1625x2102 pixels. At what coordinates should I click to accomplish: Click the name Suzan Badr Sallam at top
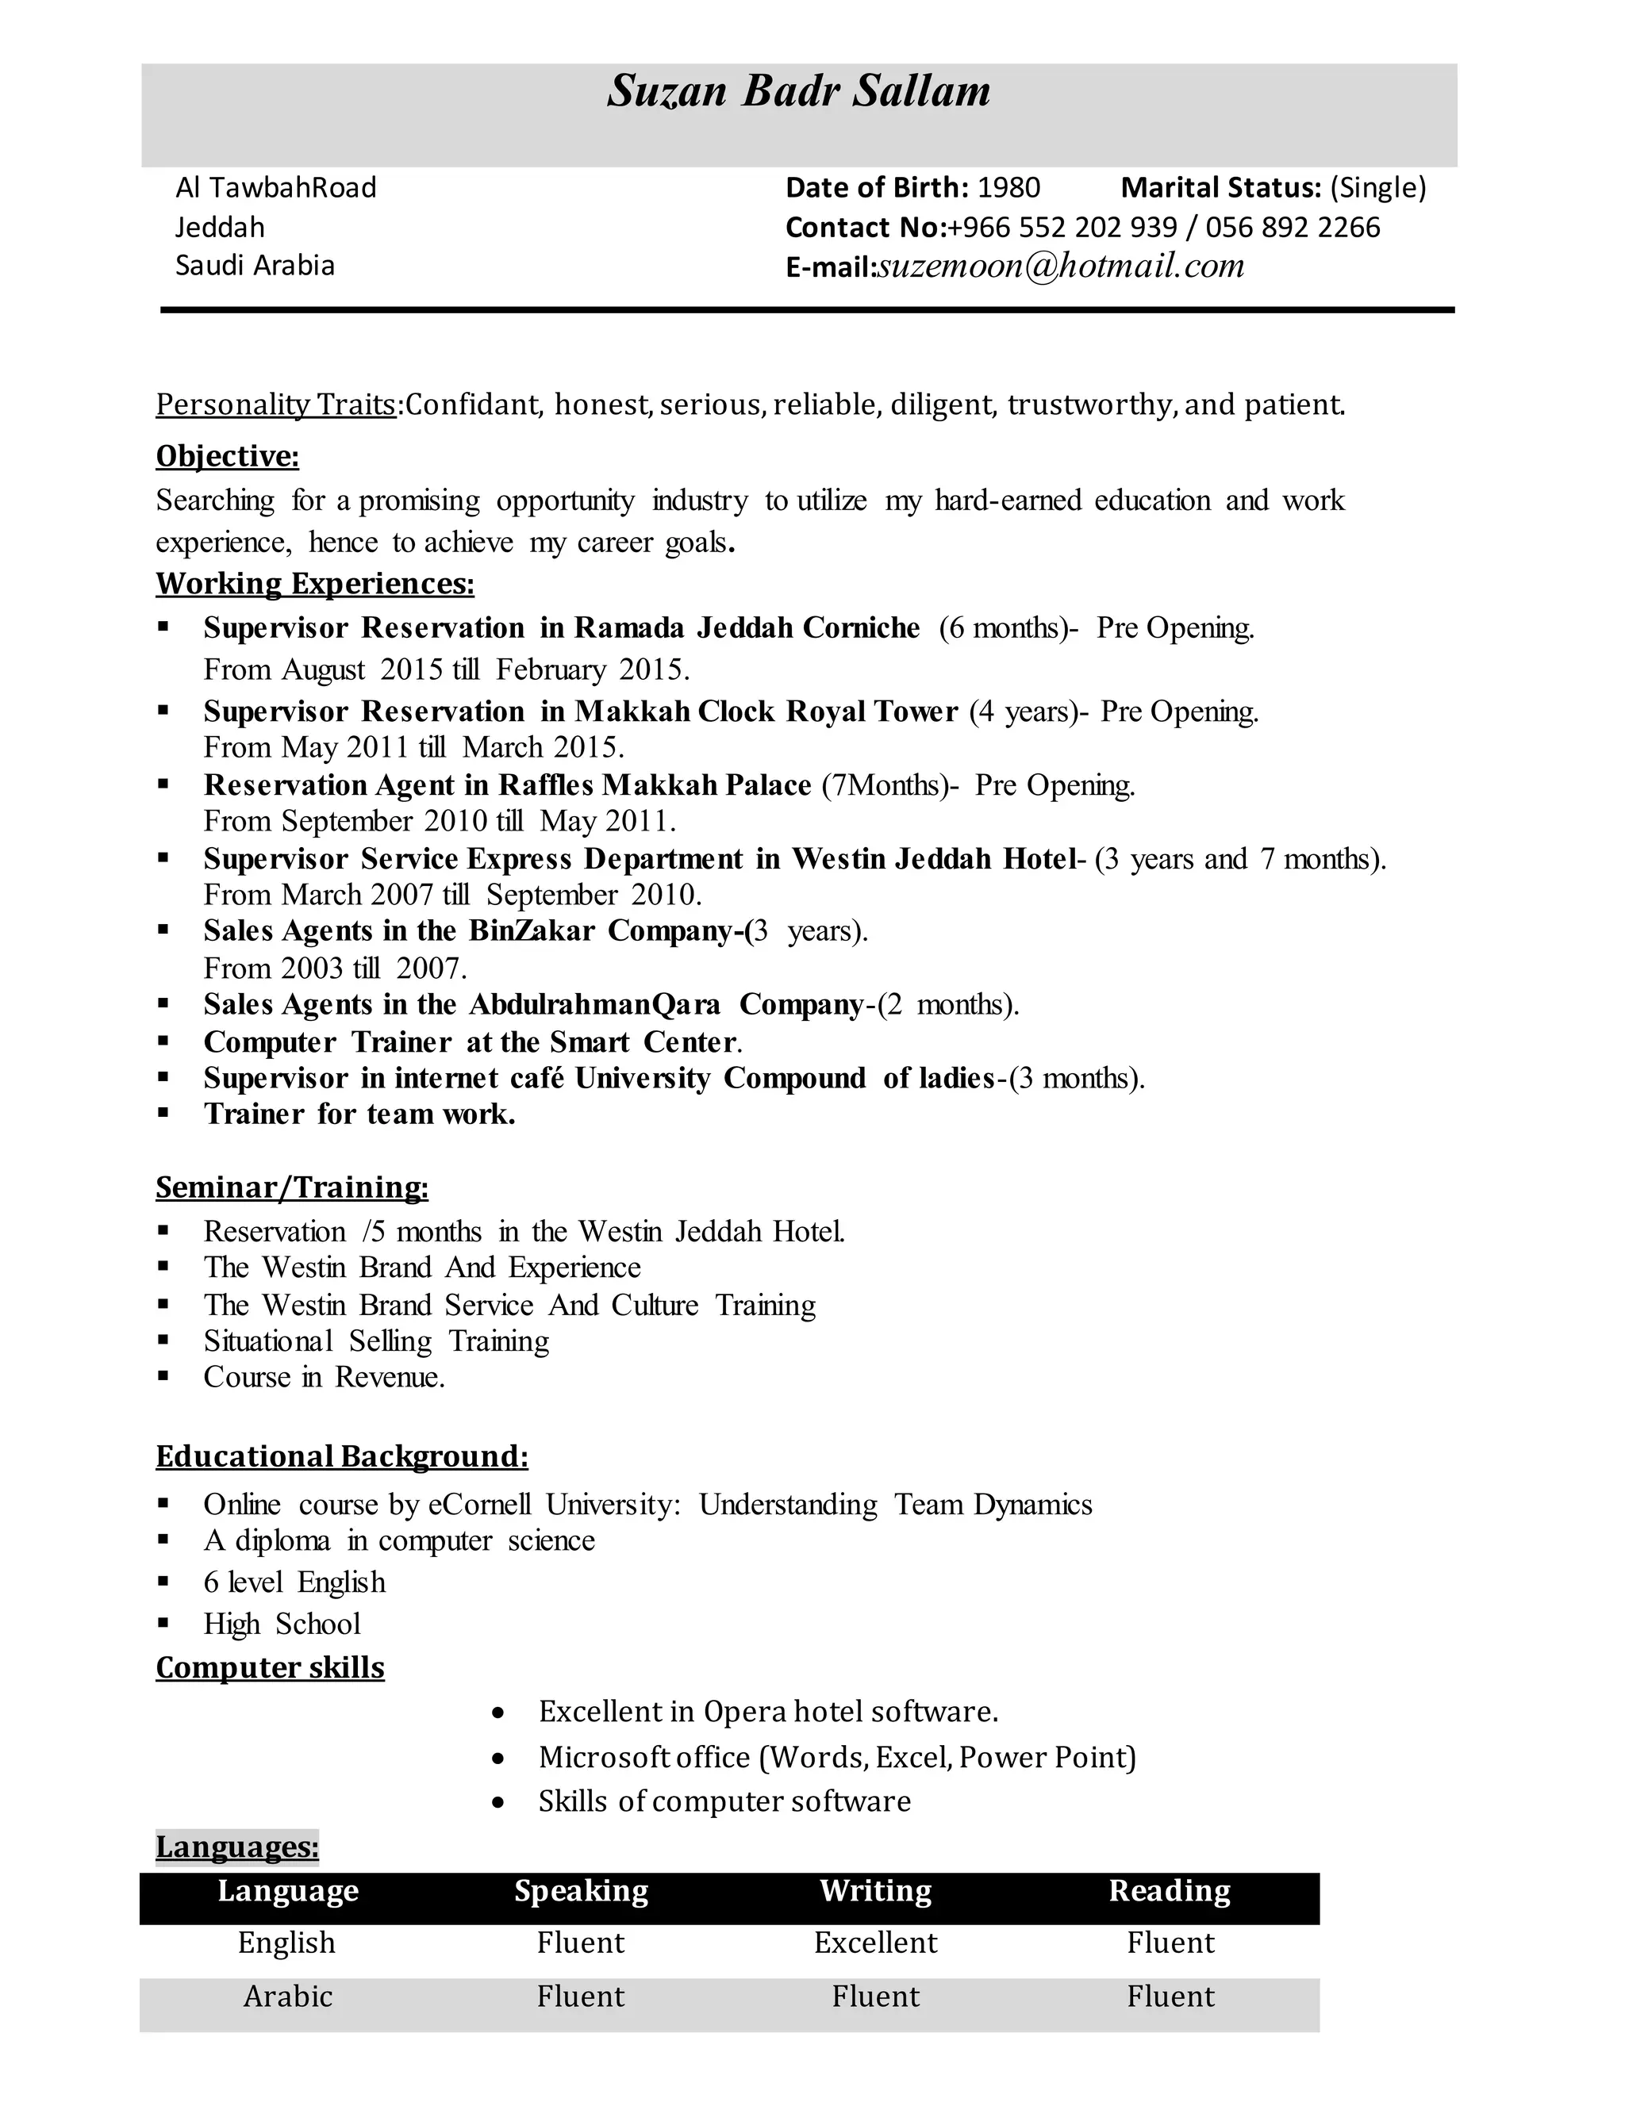(x=798, y=91)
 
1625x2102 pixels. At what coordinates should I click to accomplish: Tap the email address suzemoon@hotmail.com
(x=1061, y=266)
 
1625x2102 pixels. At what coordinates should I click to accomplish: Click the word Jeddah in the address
(x=220, y=227)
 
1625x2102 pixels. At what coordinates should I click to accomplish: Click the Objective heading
(x=227, y=456)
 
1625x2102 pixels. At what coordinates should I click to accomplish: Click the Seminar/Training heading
(x=292, y=1187)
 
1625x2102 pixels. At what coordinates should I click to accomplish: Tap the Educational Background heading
(x=342, y=1456)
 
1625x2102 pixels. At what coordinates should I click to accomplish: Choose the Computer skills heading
(x=270, y=1667)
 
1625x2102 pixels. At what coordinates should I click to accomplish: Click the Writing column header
(x=875, y=1890)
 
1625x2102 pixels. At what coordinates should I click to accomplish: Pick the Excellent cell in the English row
(x=875, y=1943)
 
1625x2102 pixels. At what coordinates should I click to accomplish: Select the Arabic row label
(x=287, y=1997)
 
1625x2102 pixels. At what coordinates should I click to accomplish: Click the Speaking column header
(x=581, y=1890)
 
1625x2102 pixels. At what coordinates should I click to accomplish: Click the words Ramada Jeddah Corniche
(x=747, y=627)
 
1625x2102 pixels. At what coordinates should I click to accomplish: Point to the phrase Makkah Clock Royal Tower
(x=766, y=712)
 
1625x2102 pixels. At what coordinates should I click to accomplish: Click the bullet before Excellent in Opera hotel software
(x=497, y=1713)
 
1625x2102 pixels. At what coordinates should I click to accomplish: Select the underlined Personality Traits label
(x=276, y=405)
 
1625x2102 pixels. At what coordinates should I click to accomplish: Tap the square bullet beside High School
(x=163, y=1624)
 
